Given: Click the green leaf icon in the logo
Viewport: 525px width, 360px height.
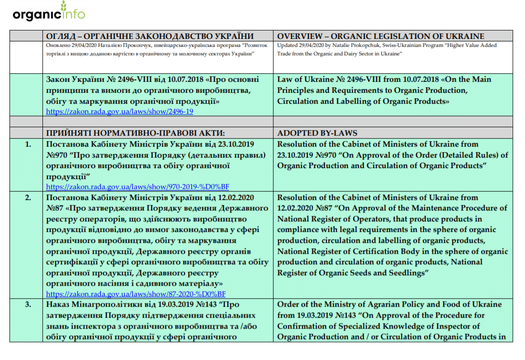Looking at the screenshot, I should (x=64, y=6).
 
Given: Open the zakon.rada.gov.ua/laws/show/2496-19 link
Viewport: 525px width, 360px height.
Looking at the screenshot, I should (x=119, y=112).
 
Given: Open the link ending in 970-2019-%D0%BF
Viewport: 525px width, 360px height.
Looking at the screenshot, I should (x=137, y=186).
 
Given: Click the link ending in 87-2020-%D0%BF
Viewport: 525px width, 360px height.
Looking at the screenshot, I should (x=136, y=294).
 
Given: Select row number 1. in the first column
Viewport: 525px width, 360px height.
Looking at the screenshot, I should (x=27, y=145).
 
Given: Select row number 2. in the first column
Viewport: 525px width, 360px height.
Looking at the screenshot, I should (x=27, y=197).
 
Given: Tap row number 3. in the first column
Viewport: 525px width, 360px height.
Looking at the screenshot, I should (x=27, y=304).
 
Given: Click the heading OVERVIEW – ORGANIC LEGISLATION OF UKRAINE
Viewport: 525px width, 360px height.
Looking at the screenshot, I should (x=380, y=36).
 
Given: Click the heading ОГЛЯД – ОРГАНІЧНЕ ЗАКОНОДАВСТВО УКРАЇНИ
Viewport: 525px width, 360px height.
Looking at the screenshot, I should (x=150, y=36).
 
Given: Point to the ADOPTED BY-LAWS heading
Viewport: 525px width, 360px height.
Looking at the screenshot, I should (x=317, y=133).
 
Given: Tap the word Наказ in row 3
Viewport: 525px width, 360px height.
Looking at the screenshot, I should (x=57, y=304).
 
